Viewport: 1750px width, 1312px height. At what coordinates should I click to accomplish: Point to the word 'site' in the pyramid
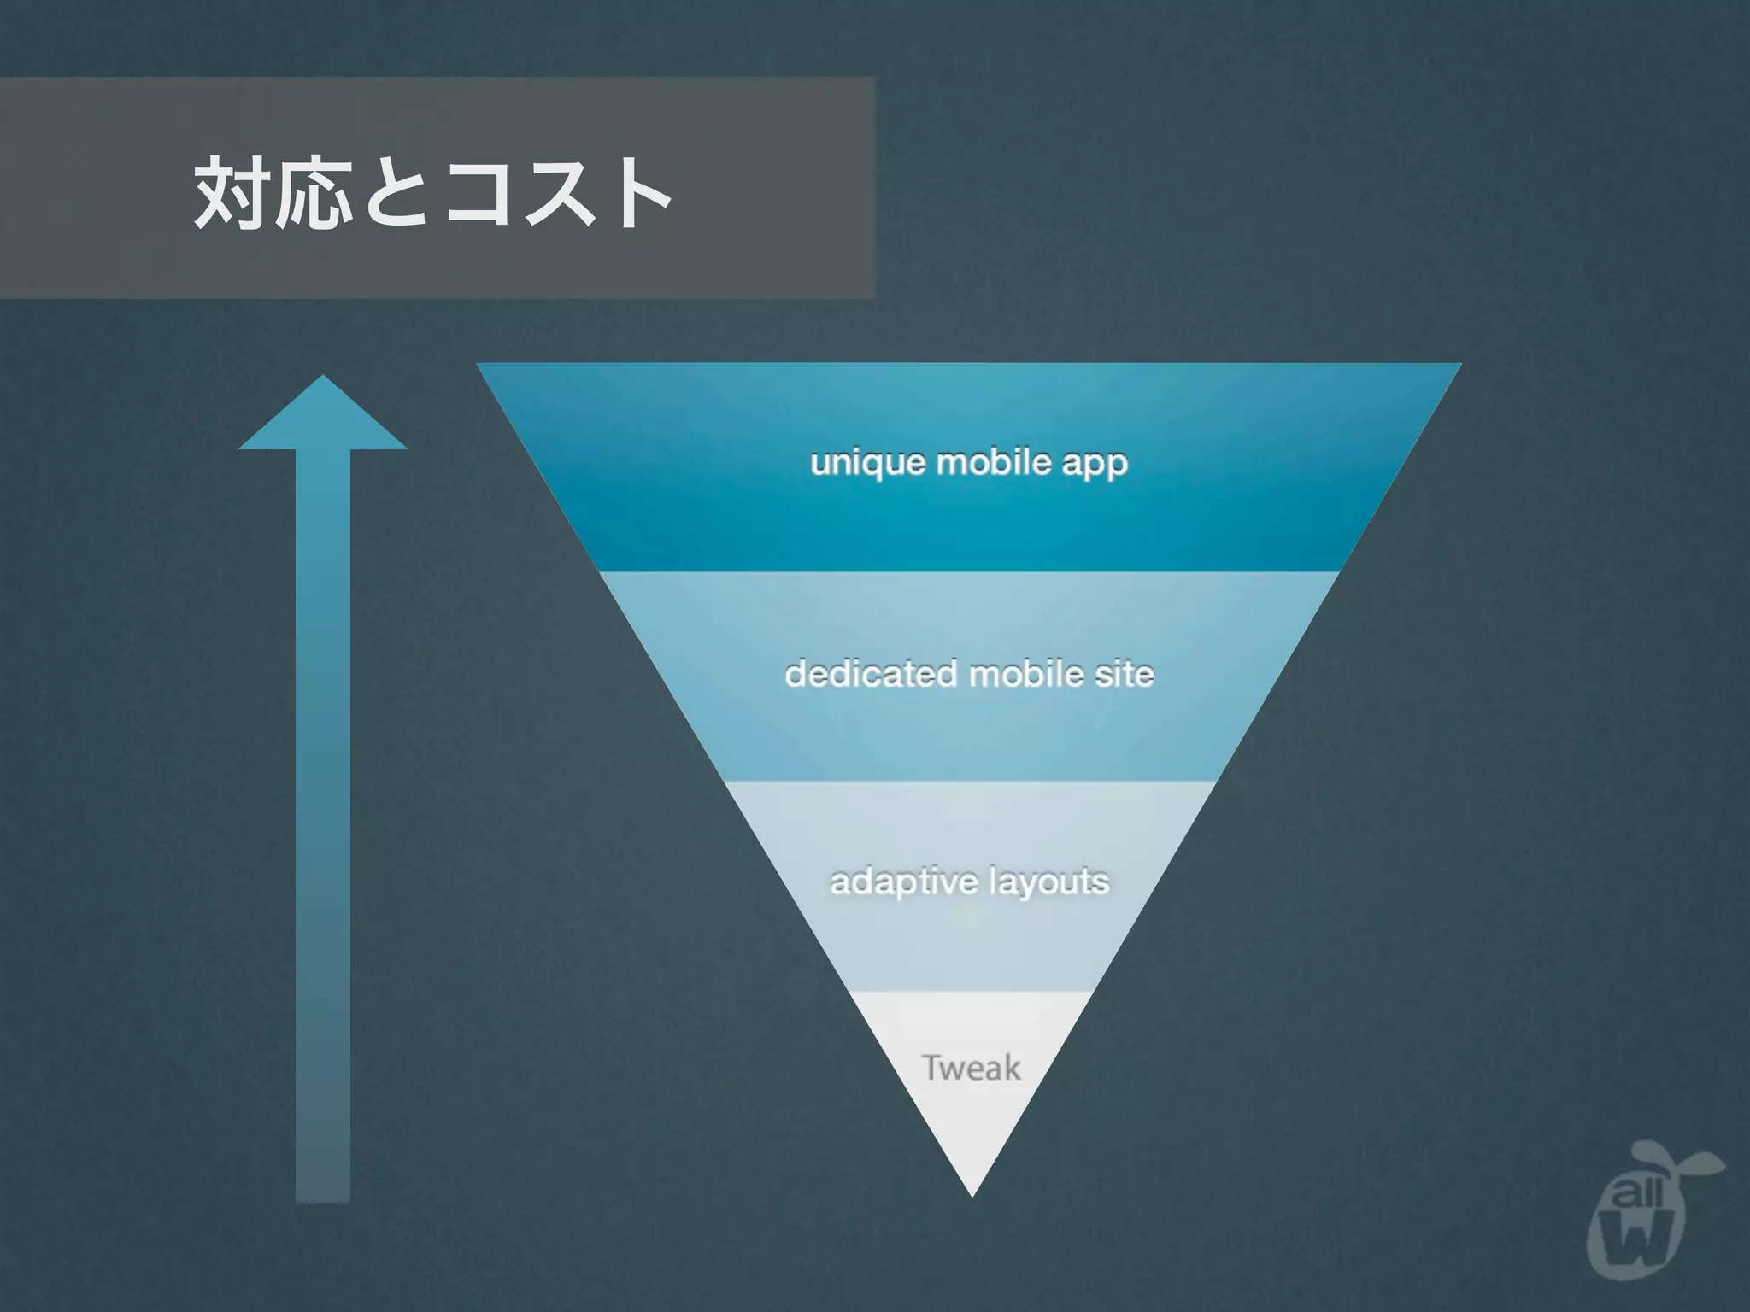[1125, 674]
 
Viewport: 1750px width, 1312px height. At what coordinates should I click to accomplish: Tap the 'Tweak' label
[972, 1068]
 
